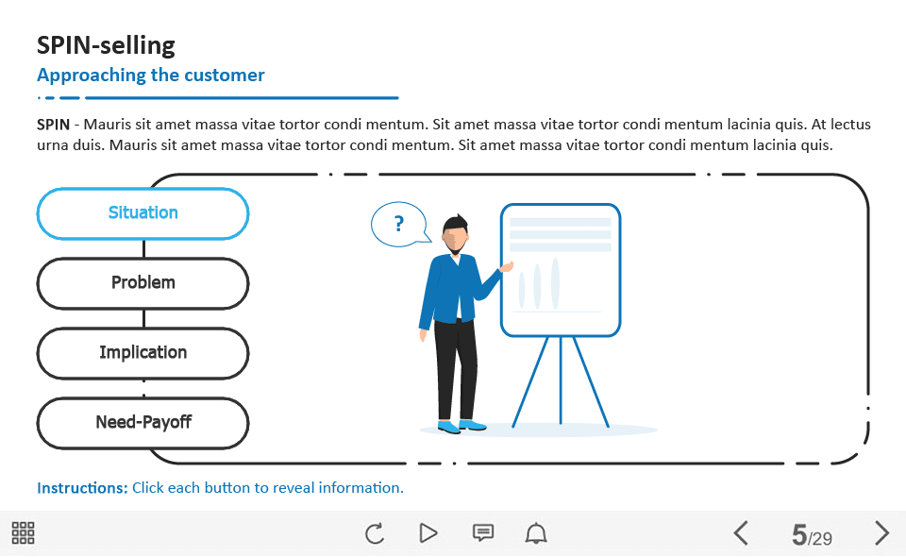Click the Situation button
[143, 213]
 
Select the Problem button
[143, 283]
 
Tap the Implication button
[143, 353]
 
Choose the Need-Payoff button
[143, 423]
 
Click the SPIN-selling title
[106, 45]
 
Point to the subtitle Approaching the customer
[151, 76]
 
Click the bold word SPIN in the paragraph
[53, 125]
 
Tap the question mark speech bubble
[400, 224]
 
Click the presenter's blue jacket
[454, 288]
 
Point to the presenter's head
[455, 234]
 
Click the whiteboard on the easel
[561, 270]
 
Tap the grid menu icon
[23, 532]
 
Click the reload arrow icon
[375, 532]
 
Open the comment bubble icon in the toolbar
[483, 532]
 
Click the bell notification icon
[536, 532]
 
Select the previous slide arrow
[741, 532]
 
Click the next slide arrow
[881, 532]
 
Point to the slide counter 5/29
[812, 535]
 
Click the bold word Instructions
[82, 488]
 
